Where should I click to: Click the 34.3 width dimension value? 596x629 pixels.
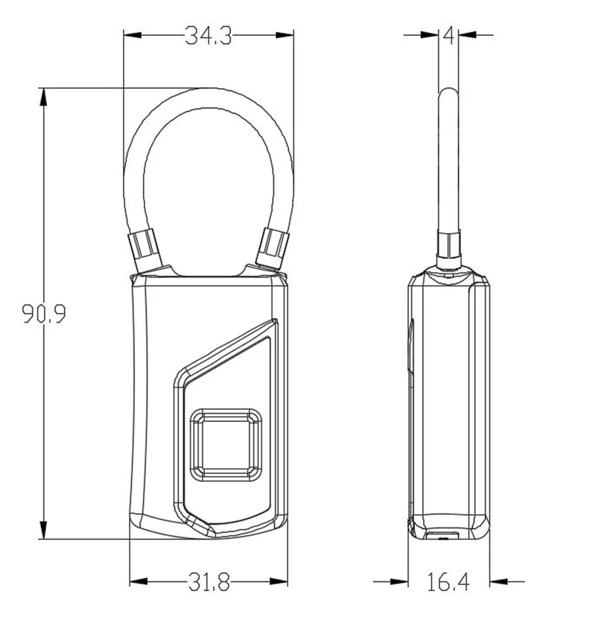point(208,35)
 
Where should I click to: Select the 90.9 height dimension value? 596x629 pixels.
point(44,314)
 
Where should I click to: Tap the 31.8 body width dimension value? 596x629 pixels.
point(209,581)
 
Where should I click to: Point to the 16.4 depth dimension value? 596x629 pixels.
point(448,581)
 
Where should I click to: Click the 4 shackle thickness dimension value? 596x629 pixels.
point(448,35)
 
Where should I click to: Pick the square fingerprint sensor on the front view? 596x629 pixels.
point(226,444)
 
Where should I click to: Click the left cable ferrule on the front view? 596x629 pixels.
point(144,250)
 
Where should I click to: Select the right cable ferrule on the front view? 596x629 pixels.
point(273,247)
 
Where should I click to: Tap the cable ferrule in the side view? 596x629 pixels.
point(448,250)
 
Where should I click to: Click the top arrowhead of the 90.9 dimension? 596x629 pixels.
point(43,97)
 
